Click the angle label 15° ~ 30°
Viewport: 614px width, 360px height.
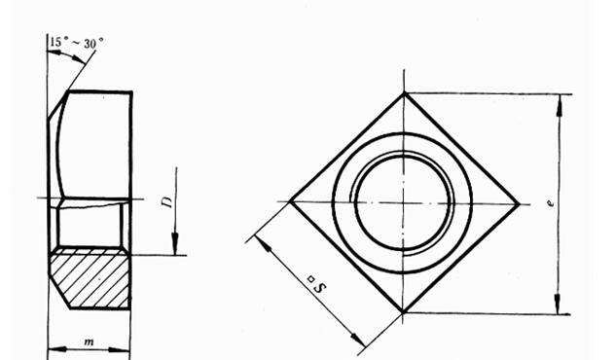click(77, 43)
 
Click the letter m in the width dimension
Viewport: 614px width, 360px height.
click(89, 342)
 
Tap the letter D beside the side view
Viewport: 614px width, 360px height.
click(166, 202)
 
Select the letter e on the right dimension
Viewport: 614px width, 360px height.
click(551, 203)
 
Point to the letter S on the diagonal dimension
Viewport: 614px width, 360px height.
click(321, 288)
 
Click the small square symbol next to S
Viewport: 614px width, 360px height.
click(311, 279)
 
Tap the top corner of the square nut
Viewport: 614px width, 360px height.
click(405, 93)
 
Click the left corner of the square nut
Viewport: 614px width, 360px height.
click(290, 201)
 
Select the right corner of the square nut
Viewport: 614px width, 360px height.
click(520, 204)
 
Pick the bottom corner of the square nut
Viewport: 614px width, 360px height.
click(403, 312)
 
